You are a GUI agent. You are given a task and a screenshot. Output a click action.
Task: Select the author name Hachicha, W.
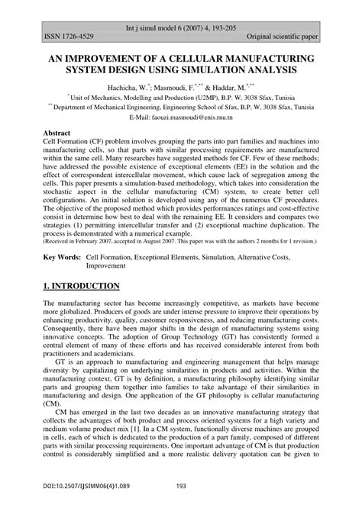point(134,88)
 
